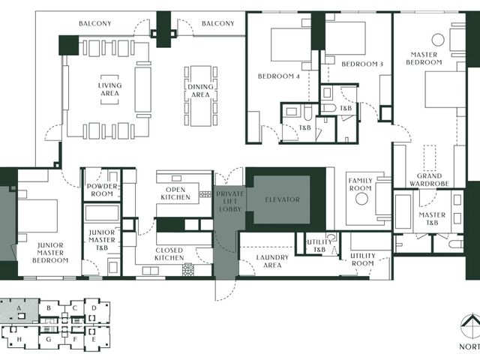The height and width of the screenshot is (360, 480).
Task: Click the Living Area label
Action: [x=109, y=89]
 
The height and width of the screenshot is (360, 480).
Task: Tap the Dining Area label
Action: [x=200, y=91]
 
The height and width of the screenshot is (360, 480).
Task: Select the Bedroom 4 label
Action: [x=278, y=76]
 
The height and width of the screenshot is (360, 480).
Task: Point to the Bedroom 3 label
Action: [x=362, y=64]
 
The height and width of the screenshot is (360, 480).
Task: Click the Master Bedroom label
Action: [x=424, y=58]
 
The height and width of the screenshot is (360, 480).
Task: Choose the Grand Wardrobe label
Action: [x=429, y=180]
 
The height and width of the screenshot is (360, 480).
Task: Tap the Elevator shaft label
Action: [x=282, y=200]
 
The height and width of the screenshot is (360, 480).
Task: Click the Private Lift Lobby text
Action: [x=230, y=202]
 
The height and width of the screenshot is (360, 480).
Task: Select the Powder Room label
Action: [x=102, y=190]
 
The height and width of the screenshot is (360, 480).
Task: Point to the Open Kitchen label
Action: [x=175, y=193]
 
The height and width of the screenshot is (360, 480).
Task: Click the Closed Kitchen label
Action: [x=169, y=254]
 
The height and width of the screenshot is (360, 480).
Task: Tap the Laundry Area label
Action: [x=272, y=261]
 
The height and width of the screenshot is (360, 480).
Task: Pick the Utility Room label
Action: [x=363, y=259]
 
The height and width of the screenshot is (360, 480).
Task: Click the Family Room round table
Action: [x=361, y=199]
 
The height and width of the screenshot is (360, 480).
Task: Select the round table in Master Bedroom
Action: [x=438, y=40]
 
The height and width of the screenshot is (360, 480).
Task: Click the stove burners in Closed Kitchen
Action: [x=188, y=269]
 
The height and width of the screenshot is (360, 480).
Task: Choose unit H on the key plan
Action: [x=19, y=339]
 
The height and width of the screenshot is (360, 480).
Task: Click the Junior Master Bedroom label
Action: [x=50, y=253]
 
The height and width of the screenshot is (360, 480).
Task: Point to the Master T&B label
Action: [x=432, y=218]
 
